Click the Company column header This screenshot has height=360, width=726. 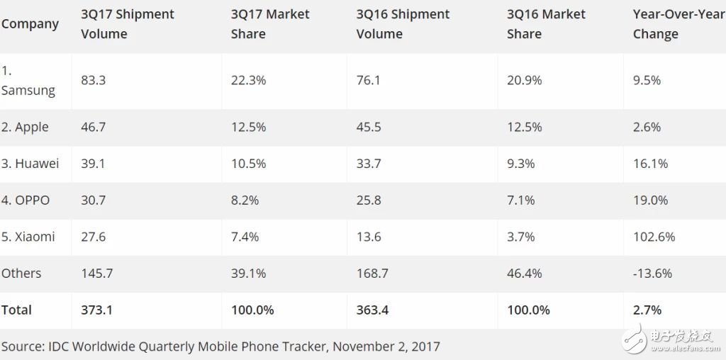pos(30,24)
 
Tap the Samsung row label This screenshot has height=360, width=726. pos(28,81)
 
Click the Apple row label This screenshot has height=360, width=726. pos(26,127)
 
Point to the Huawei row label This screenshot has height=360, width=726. pos(30,164)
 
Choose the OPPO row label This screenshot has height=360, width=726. pos(26,201)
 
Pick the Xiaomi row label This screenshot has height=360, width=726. pos(28,237)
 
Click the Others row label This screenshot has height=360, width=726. pos(21,273)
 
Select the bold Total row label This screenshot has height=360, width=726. pos(16,310)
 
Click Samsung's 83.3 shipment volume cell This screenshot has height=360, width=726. pos(94,81)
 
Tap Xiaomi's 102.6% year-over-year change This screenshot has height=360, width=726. pos(654,237)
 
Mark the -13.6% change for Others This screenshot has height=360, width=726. pos(652,273)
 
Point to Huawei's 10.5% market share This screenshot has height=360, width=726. pos(248,164)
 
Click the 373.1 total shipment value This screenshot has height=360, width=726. pos(97,310)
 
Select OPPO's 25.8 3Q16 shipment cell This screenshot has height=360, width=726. pos(369,201)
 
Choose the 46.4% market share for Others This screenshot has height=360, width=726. pos(525,273)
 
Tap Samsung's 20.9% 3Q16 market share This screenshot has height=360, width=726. pos(525,81)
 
